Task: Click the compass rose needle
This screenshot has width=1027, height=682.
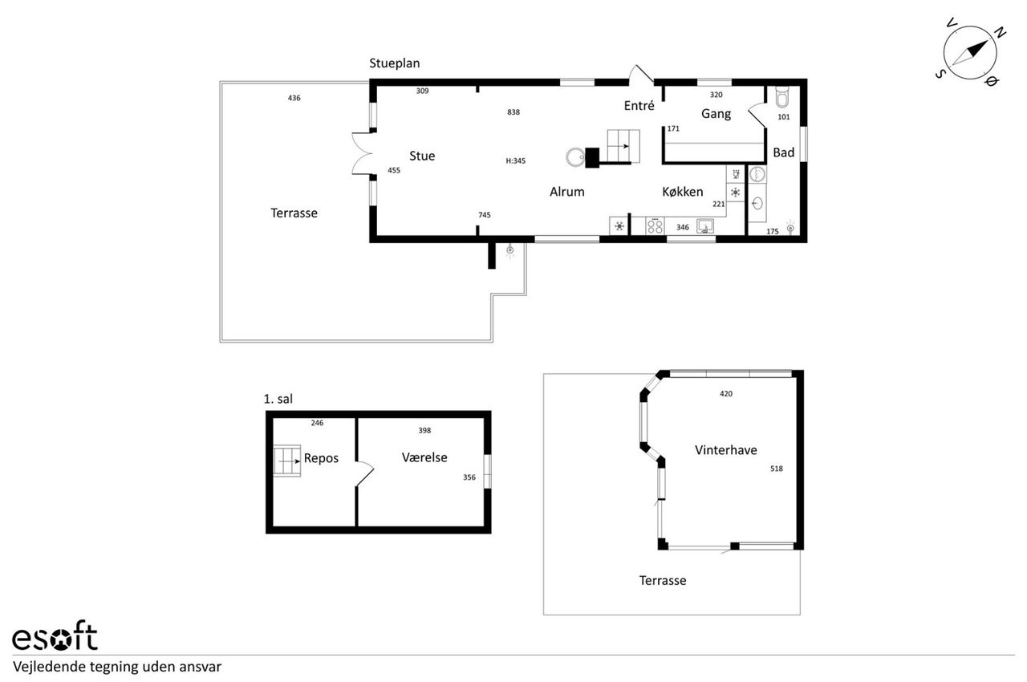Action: point(969,53)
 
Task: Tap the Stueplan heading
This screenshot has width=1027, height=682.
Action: point(394,63)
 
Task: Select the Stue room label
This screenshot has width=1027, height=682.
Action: point(422,156)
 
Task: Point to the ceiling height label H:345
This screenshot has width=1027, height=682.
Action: point(515,161)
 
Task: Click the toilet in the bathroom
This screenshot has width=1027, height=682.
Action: point(781,97)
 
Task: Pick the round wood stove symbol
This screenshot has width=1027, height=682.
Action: point(575,157)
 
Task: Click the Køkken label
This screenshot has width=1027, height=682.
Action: point(682,192)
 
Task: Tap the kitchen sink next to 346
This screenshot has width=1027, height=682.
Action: point(705,226)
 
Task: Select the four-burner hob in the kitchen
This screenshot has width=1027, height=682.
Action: point(655,226)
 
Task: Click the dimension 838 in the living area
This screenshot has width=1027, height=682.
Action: point(513,112)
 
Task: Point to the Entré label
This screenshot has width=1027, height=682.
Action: point(639,106)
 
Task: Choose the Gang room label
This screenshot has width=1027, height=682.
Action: point(716,114)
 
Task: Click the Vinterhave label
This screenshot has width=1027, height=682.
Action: point(726,450)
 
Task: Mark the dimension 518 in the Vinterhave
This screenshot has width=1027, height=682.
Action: point(776,469)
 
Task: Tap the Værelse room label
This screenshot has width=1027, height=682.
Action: point(424,457)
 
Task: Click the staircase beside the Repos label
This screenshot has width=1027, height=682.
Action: point(287,461)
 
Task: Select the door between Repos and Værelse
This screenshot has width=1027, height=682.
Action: point(364,474)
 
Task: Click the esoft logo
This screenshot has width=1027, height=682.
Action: point(55,635)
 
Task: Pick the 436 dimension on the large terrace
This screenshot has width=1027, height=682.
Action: point(294,98)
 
